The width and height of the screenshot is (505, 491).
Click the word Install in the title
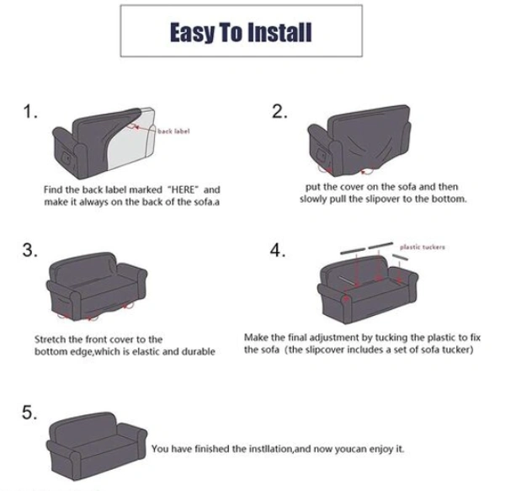281,33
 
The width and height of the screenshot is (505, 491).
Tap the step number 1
30,112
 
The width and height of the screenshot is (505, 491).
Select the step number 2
279,112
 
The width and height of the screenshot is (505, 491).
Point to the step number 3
30,250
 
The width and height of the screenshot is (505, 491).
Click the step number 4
278,250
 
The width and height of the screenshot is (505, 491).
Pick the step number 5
29,413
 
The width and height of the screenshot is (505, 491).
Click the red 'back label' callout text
173,131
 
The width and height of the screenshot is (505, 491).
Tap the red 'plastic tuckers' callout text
423,247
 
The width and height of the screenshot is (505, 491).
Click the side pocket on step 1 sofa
67,159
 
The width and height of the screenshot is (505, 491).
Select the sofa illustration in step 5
97,446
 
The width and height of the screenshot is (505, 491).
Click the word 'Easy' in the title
193,33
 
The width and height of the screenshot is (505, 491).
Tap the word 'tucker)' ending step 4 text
460,350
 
